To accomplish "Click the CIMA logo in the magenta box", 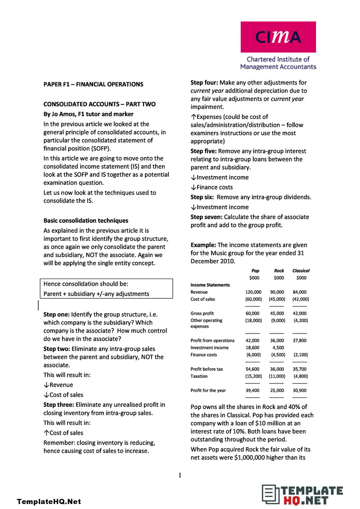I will click(278, 37).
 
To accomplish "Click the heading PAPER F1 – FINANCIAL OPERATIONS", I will click(93, 84).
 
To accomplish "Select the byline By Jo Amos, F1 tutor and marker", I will click(88, 114).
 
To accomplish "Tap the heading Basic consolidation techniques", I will click(85, 221).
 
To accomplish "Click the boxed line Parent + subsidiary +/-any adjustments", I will click(96, 294).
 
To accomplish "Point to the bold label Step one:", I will click(57, 315).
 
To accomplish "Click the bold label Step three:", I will click(59, 405).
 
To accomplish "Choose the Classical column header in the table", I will click(301, 271).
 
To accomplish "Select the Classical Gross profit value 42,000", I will click(299, 313).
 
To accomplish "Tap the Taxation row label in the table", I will click(199, 376).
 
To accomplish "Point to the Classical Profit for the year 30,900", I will click(300, 391).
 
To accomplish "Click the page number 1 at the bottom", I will click(180, 475).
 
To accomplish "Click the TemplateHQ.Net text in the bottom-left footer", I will click(49, 501).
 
